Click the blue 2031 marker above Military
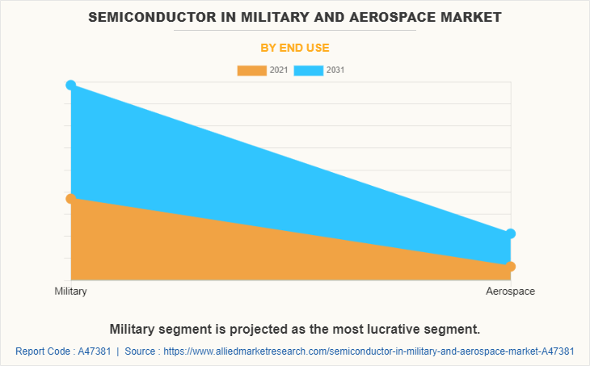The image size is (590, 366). point(71,85)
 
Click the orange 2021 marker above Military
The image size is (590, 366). point(71,198)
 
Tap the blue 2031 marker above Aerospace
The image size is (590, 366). point(511,233)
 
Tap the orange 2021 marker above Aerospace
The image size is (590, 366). point(511,266)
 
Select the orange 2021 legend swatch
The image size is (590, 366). point(251,70)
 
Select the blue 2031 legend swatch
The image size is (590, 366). point(309,70)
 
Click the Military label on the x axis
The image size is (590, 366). point(71,291)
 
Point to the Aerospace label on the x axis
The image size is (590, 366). point(510,291)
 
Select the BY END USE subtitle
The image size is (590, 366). point(294,48)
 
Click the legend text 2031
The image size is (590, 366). point(335,70)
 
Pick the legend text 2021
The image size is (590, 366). point(279,70)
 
